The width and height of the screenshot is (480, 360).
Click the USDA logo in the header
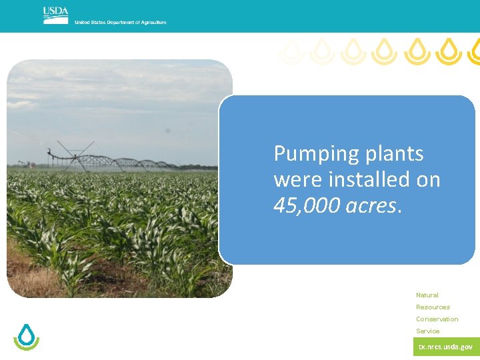[55, 15]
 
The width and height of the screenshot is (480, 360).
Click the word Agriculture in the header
[152, 23]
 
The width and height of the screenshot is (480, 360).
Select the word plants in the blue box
[395, 154]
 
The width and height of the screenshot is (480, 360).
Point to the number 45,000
[307, 205]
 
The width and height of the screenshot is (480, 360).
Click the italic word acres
[372, 205]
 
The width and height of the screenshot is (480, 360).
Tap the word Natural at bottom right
[427, 295]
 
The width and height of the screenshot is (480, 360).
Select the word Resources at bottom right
[433, 307]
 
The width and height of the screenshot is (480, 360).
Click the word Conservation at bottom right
[437, 319]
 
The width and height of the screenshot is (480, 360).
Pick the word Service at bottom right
[428, 331]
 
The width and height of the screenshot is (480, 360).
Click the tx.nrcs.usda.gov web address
[445, 347]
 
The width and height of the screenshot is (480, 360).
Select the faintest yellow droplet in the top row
[290, 51]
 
